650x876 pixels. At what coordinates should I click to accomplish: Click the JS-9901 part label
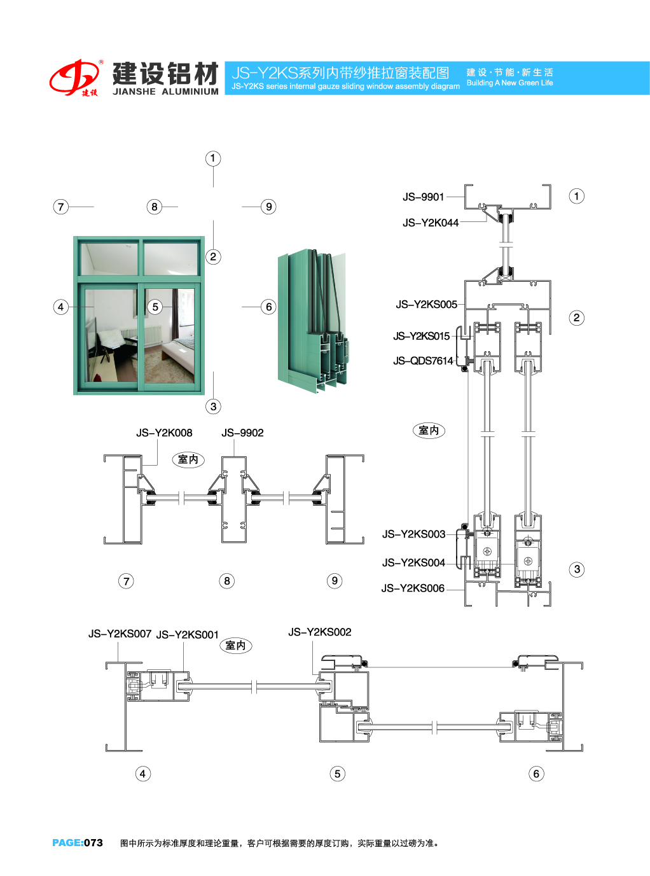coord(423,197)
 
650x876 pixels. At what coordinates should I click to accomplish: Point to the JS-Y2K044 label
coord(430,223)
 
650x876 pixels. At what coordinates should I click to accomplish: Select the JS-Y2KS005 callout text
coord(426,305)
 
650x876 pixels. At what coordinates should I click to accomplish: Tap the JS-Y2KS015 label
coord(421,336)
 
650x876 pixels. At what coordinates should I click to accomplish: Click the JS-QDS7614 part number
coord(423,361)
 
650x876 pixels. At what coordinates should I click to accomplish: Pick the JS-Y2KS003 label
coord(413,534)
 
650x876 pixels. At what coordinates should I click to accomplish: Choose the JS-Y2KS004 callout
coord(413,563)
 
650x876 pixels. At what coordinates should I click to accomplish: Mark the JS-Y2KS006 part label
coord(413,588)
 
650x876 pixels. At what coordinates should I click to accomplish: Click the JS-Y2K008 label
coord(164,433)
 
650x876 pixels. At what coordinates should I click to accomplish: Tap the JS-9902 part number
coord(242,433)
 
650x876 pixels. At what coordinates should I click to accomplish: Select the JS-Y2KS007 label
coord(120,634)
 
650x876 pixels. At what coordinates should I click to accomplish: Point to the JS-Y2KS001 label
coord(188,635)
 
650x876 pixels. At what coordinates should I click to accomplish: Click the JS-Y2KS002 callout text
coord(319,632)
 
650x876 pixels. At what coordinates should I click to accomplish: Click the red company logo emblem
coord(74,78)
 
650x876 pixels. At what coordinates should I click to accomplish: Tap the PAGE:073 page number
coord(78,843)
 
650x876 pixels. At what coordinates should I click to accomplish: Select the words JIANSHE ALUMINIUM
coord(165,92)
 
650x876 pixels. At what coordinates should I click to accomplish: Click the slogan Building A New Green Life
coord(509,83)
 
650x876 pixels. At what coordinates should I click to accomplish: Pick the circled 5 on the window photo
coord(155,307)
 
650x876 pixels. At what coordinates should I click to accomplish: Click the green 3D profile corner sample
coord(314,321)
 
